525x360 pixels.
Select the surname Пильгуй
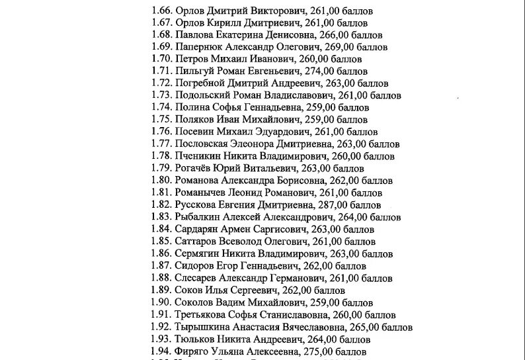[192, 71]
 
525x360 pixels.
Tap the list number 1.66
[161, 11]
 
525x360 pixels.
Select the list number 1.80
[161, 180]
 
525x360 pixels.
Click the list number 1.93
[161, 339]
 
